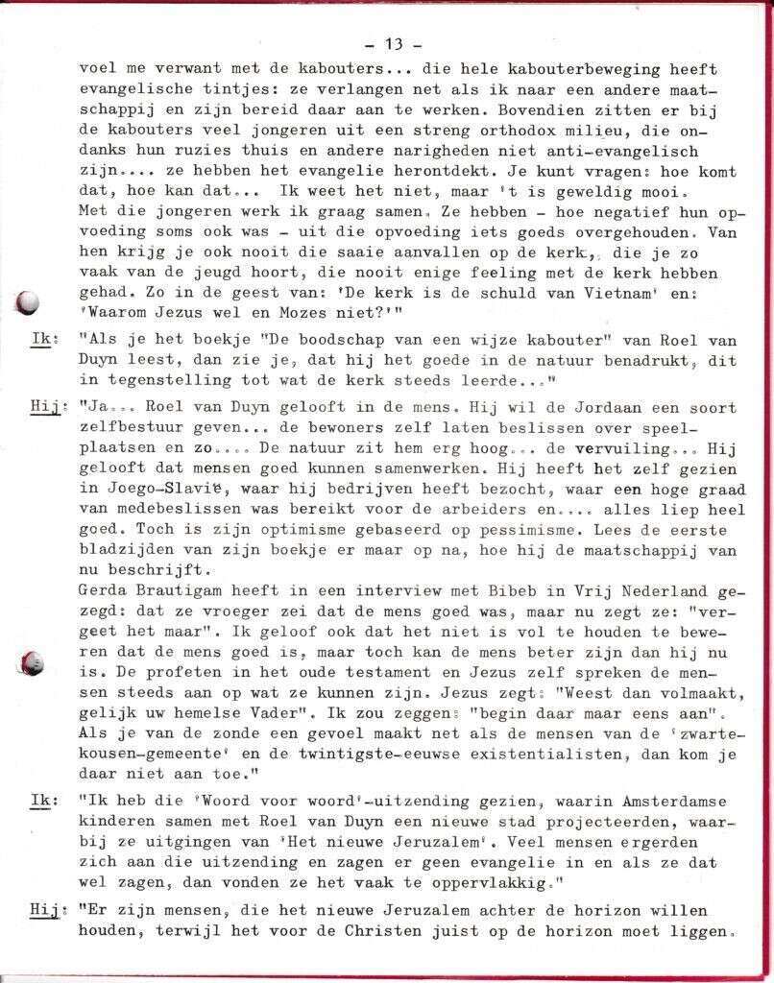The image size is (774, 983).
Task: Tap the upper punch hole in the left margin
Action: pyautogui.click(x=29, y=302)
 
